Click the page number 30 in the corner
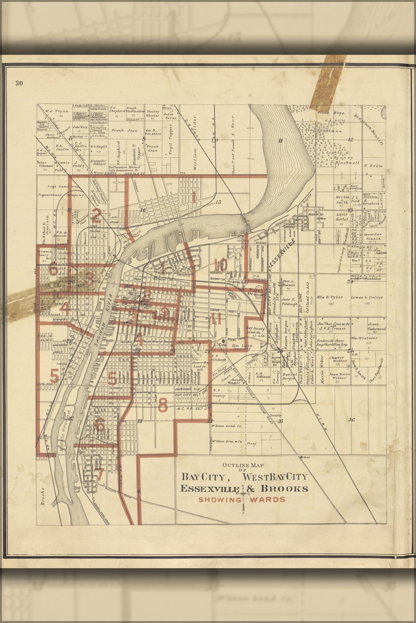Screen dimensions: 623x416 point(19,84)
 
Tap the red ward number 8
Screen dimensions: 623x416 point(162,406)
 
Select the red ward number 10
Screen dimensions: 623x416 point(220,265)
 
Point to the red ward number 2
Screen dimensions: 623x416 point(97,215)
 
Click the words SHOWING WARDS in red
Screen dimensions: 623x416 point(242,499)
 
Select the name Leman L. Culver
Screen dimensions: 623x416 point(367,297)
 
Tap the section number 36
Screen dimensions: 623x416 point(351,419)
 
